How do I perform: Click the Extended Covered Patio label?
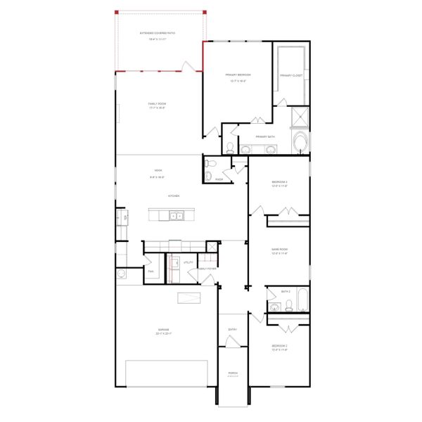click(158, 33)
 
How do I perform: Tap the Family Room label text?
click(158, 103)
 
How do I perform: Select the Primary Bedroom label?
click(238, 75)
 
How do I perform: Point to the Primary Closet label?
click(290, 75)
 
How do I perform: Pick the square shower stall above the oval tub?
click(300, 117)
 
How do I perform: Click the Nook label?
click(158, 171)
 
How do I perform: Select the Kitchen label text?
click(173, 196)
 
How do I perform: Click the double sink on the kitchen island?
click(174, 216)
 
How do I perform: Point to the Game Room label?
click(280, 249)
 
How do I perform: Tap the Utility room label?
click(188, 262)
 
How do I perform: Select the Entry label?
click(232, 329)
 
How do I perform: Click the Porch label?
click(232, 373)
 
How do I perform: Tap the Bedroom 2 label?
click(280, 347)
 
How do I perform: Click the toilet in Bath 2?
click(273, 306)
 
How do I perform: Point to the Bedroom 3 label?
click(280, 182)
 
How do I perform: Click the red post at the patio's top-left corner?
click(117, 13)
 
